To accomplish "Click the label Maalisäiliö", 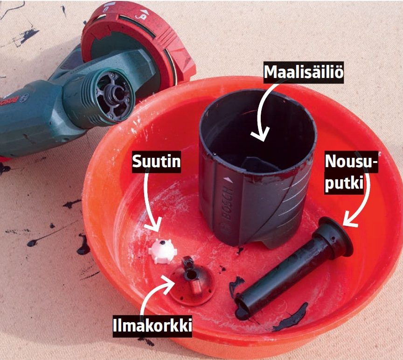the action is point(304,72).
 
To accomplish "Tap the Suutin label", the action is point(156,162).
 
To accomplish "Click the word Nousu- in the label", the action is point(351,161).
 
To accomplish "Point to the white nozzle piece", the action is point(163,251).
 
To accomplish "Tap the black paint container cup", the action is point(258,167).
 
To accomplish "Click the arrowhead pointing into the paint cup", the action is point(260,134).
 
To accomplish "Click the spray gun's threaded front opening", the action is point(113,95).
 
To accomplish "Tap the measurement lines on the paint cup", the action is point(293,198).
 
